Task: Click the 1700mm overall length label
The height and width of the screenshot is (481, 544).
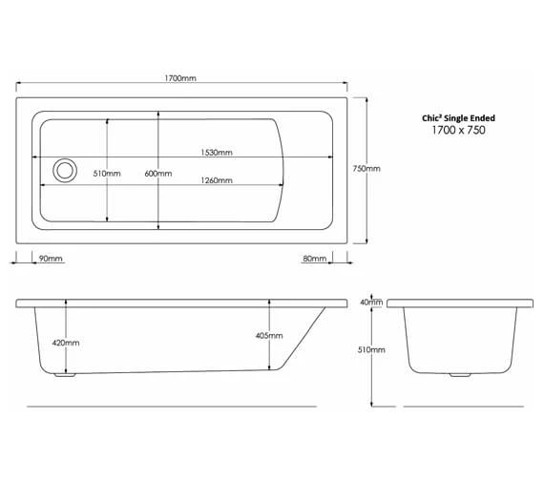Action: [x=180, y=78]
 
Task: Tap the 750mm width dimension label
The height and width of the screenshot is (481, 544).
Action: [x=366, y=169]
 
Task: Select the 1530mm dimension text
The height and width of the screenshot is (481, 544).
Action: [x=217, y=153]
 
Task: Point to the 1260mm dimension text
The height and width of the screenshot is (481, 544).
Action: [x=217, y=180]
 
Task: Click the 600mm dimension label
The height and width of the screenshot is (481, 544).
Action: [x=158, y=174]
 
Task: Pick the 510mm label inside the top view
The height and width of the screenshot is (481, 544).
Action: [x=107, y=174]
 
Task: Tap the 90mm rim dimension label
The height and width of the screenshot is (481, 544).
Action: [x=51, y=259]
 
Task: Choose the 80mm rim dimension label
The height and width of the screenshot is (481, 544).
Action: [x=315, y=259]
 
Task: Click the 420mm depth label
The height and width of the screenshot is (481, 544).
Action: [x=66, y=343]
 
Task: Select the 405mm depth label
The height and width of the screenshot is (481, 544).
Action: [x=269, y=336]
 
